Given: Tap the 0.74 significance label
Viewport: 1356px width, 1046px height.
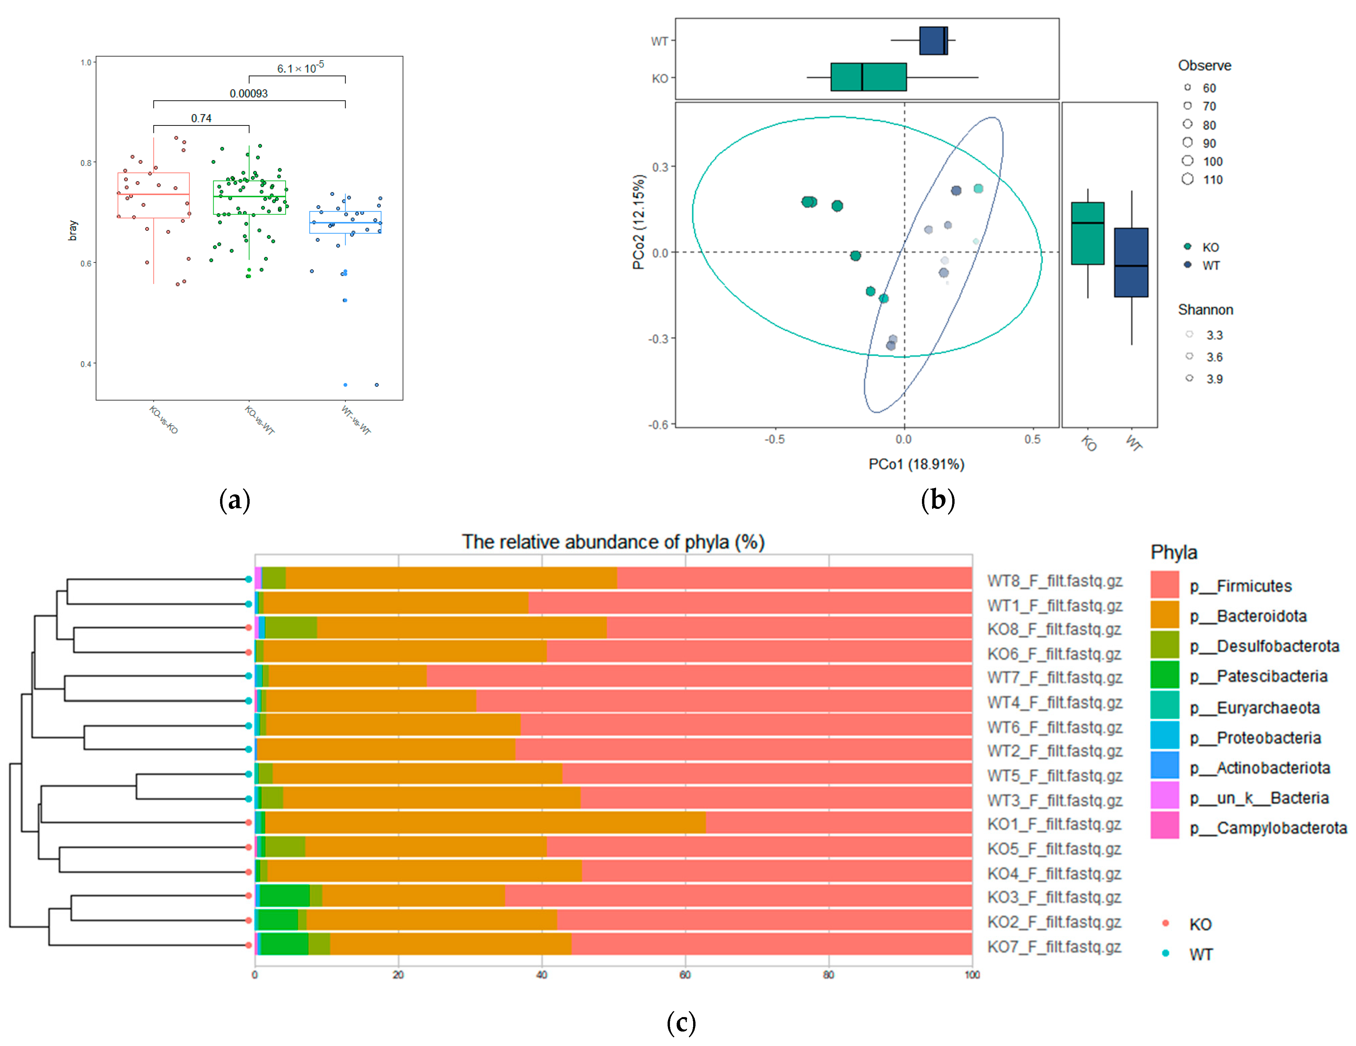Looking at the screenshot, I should [x=201, y=118].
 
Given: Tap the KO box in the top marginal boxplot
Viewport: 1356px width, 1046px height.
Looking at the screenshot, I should [x=868, y=77].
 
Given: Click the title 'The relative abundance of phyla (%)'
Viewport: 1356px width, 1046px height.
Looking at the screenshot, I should [x=613, y=542].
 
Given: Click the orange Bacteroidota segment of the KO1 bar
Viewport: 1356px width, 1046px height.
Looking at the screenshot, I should [x=484, y=823].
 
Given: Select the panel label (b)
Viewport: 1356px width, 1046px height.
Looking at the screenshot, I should [x=937, y=500].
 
